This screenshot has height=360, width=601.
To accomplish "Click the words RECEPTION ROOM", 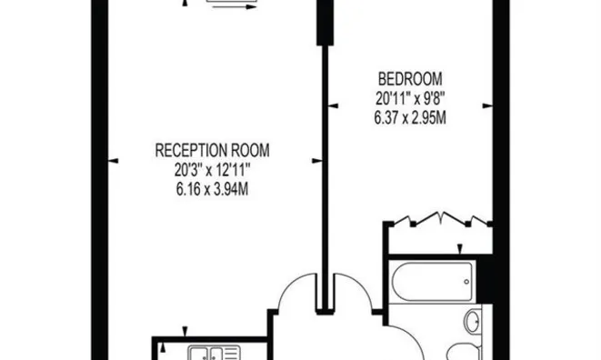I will tap(213, 150).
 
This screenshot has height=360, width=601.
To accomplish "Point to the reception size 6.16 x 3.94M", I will tap(213, 190).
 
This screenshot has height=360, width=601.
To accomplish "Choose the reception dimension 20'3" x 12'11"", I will tap(213, 170).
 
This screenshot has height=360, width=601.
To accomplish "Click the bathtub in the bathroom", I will tap(429, 277).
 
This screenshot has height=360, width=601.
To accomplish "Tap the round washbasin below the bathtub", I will tap(473, 321).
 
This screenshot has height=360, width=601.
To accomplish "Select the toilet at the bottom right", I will tap(459, 351).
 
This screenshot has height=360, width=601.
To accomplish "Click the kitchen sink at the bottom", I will tap(210, 353).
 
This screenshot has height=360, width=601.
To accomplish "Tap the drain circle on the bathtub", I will tap(466, 277).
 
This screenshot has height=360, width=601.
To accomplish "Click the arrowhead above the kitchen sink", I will tap(185, 332).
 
